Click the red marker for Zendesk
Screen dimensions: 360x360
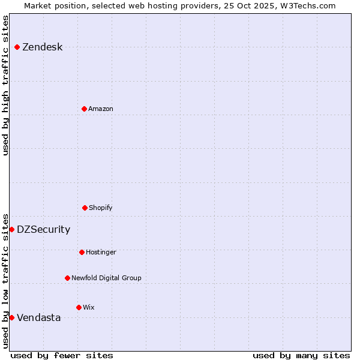click(17, 47)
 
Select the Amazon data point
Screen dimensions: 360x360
click(85, 109)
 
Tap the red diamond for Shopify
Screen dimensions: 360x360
click(85, 208)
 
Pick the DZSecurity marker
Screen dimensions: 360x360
click(11, 229)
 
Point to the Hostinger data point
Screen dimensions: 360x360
click(82, 252)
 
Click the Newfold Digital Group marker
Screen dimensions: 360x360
click(67, 278)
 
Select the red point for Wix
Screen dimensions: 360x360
click(79, 307)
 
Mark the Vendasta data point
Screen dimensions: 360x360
click(11, 317)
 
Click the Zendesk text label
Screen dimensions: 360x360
click(42, 47)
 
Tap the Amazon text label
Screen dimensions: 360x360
click(101, 109)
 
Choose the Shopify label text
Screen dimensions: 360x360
click(101, 208)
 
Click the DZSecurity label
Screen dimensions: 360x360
click(43, 230)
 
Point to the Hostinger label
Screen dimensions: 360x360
click(101, 253)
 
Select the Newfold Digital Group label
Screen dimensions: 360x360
click(106, 278)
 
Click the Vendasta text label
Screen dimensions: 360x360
click(38, 318)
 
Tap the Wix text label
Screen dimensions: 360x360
click(89, 308)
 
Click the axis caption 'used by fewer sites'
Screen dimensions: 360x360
click(62, 355)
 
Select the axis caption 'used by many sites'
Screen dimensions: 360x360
click(301, 355)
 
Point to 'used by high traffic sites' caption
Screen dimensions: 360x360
click(5, 85)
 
